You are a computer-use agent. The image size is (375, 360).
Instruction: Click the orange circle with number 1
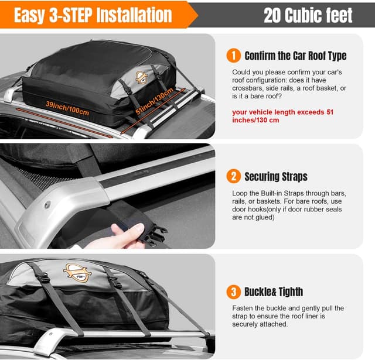(x=233, y=56)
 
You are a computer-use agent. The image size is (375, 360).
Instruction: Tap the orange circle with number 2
(x=233, y=176)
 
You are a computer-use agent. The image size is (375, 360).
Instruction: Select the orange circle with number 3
(x=233, y=291)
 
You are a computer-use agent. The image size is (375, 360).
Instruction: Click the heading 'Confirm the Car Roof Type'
(x=295, y=56)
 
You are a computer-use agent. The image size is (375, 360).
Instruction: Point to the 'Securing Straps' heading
(x=275, y=176)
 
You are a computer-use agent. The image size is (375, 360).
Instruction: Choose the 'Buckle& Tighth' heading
(x=274, y=292)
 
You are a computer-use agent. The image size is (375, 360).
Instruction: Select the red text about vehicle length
(x=282, y=116)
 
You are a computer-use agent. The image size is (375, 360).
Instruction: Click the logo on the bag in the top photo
(x=141, y=76)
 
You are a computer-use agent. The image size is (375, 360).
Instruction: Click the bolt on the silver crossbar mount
(x=47, y=205)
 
